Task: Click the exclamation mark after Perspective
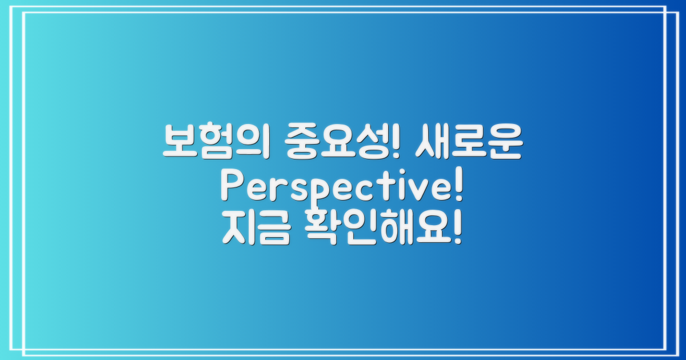tap(457, 187)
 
